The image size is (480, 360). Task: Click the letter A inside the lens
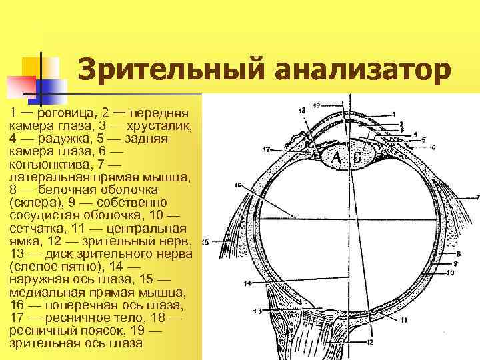(x=337, y=157)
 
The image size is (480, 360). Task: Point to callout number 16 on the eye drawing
(x=238, y=186)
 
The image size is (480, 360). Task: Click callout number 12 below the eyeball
(x=370, y=342)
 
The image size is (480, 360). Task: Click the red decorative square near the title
(x=20, y=85)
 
